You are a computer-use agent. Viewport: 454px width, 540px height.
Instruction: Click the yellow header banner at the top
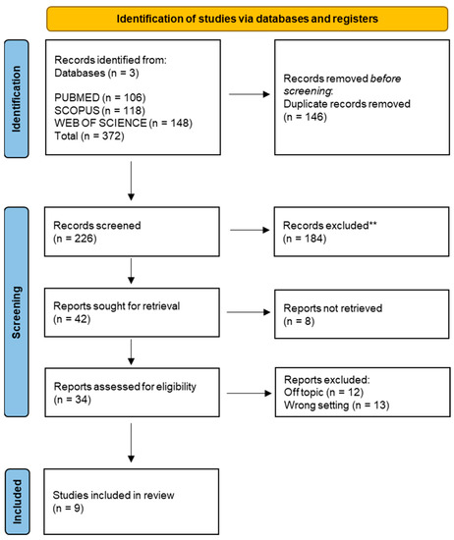(240, 18)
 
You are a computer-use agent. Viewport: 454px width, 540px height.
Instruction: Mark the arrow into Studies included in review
(131, 452)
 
